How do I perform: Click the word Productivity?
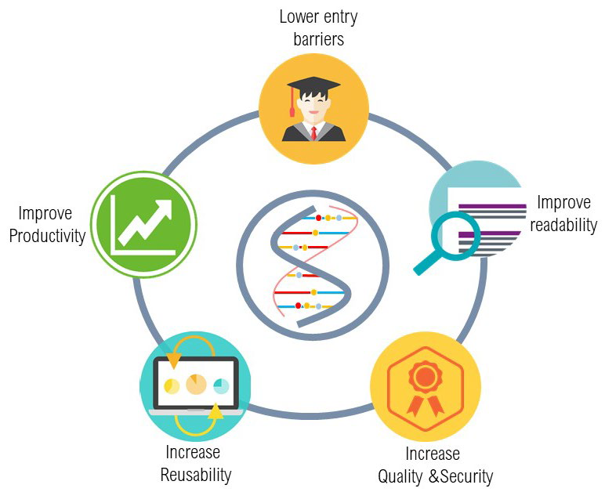[x=47, y=237]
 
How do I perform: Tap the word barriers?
[x=319, y=39]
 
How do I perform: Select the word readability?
[x=563, y=225]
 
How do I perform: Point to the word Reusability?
[x=196, y=475]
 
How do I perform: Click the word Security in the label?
[x=466, y=476]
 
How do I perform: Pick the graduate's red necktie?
[x=314, y=133]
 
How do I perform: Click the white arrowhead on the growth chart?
[x=164, y=208]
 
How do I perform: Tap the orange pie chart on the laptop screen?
[x=196, y=384]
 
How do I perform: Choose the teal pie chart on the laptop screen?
[x=221, y=386]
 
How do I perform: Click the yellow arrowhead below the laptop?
[x=216, y=411]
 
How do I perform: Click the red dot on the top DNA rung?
[x=318, y=218]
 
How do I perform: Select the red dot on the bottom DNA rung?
[x=298, y=306]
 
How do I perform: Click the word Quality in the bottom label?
[x=400, y=477]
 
